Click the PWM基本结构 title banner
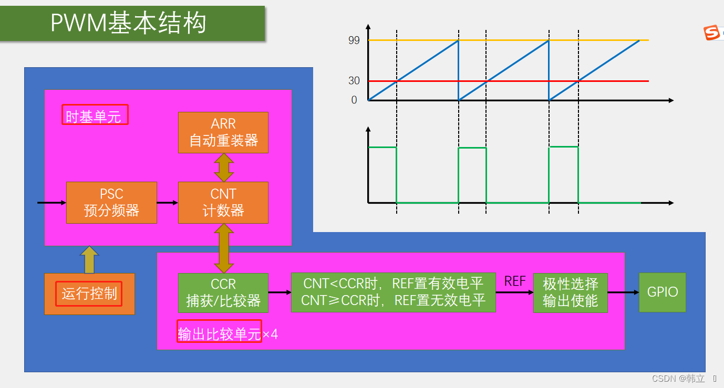[132, 23]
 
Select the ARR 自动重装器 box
[223, 132]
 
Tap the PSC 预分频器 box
[111, 203]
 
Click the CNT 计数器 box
[223, 203]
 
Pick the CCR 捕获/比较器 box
[223, 292]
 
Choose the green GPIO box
[663, 292]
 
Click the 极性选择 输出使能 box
[571, 292]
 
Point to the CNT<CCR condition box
[394, 292]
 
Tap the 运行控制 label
[89, 293]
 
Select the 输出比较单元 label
[219, 334]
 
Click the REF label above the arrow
[515, 281]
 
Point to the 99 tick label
[354, 40]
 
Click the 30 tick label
[354, 80]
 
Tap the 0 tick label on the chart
[354, 100]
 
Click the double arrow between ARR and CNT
[224, 167]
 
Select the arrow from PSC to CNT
[168, 203]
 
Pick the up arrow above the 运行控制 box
[89, 260]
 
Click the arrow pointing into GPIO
[624, 292]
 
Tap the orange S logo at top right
[712, 33]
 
